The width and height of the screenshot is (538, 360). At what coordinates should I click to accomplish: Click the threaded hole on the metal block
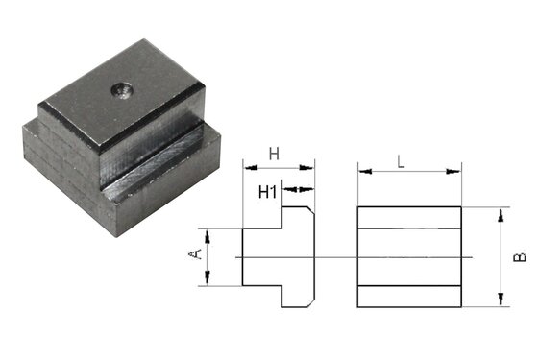coord(123,91)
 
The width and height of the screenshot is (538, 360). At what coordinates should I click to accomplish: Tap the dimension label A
coord(196,255)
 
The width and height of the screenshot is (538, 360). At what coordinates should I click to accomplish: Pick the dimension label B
coord(519,256)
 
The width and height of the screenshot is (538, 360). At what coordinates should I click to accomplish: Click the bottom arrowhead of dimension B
coord(500,302)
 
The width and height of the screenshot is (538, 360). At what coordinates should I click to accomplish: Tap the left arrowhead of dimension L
coord(362,173)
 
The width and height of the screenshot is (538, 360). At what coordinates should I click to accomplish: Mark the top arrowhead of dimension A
coord(208,232)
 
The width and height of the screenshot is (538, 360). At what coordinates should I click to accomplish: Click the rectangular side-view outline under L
coord(409,256)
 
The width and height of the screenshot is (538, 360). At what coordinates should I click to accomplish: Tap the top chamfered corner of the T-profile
coord(311,211)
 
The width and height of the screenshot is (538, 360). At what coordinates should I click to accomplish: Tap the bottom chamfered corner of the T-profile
coord(311,302)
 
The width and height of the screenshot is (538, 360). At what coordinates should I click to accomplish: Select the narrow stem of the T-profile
coord(261,256)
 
